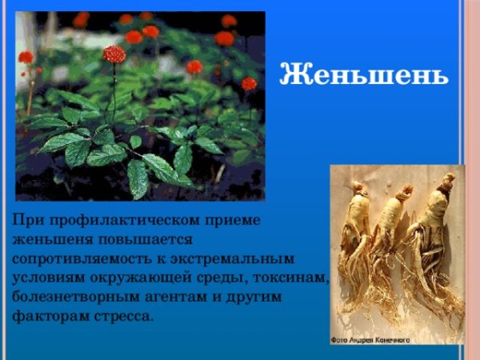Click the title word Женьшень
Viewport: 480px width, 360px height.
point(362,77)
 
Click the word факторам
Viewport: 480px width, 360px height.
point(46,315)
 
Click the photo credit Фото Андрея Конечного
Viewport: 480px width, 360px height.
point(370,340)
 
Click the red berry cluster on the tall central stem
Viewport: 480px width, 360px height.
point(114,54)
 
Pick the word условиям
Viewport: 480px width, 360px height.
point(46,278)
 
